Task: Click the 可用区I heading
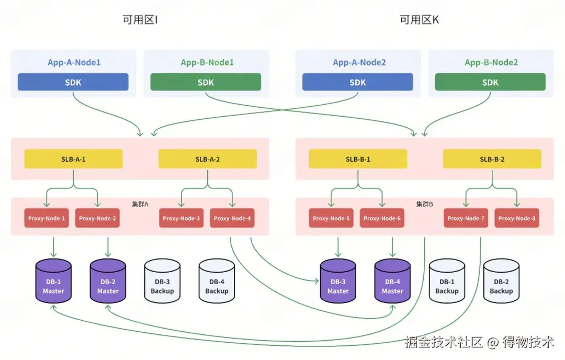(x=140, y=20)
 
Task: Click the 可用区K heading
(x=419, y=20)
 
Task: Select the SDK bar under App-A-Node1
(x=73, y=82)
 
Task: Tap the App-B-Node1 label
(x=207, y=62)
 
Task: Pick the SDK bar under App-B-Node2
(x=490, y=82)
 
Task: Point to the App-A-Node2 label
(x=359, y=62)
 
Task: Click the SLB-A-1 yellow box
(x=73, y=159)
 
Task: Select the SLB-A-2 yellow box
(x=207, y=159)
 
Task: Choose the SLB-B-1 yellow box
(x=358, y=159)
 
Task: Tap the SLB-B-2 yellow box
(x=492, y=159)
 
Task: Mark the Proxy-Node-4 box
(x=232, y=218)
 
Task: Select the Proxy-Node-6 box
(x=382, y=218)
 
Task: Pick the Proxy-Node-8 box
(x=517, y=218)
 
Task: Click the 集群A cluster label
(x=140, y=204)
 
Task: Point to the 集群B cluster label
(x=424, y=204)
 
